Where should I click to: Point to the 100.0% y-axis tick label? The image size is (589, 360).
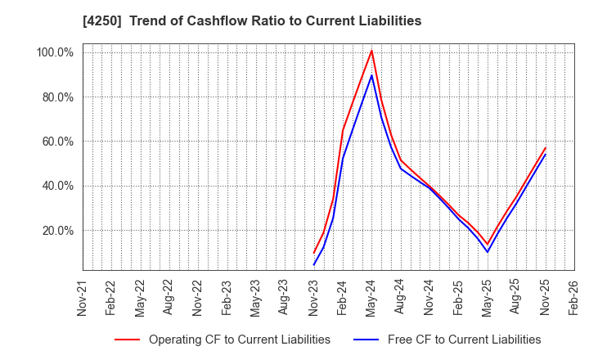pos(54,52)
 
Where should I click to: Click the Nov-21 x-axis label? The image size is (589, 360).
pos(83,298)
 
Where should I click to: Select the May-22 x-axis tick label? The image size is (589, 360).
pos(140,298)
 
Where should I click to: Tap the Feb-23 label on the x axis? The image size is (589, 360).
pos(227,298)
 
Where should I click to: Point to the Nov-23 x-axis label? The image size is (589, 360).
pos(313,298)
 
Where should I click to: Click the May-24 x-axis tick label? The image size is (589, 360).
pos(371,298)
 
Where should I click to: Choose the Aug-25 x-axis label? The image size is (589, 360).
pos(515,298)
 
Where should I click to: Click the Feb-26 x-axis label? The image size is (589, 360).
pos(573,298)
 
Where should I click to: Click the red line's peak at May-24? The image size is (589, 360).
pos(371,51)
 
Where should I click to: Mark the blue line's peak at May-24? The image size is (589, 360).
pos(371,75)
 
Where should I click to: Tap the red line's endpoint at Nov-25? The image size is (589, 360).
pos(545,148)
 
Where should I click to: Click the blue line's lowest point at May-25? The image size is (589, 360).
pos(487,252)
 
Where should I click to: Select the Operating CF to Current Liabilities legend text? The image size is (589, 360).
pos(239,340)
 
